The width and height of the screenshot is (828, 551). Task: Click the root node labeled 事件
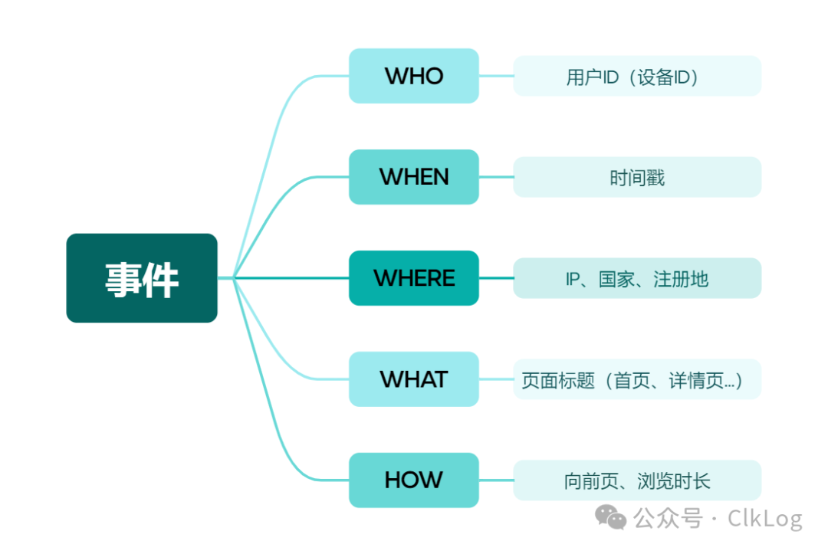pos(142,278)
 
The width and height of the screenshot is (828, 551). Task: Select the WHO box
pos(414,76)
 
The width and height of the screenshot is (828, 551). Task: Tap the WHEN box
pos(414,177)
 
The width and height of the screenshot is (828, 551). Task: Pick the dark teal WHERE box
pos(414,278)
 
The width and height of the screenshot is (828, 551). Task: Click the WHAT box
pos(414,379)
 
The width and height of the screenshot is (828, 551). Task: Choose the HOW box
pos(414,480)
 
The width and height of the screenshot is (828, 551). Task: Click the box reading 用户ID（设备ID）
pos(637,77)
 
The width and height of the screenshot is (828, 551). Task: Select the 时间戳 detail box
pos(637,178)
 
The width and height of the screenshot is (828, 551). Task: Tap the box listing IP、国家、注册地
pos(637,279)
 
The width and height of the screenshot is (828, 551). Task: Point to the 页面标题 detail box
pos(637,380)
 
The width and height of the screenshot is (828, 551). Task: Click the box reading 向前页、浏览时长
pos(637,481)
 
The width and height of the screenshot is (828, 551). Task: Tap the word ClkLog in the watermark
pos(764,519)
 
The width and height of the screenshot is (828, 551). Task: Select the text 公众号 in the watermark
pos(668,519)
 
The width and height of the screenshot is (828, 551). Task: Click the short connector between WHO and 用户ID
pos(496,76)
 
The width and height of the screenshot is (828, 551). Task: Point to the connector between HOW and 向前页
pos(496,480)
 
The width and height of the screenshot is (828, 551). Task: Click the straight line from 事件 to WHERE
pos(291,277)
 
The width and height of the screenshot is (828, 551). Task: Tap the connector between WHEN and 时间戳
pos(496,177)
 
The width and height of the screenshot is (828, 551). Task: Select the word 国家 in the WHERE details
pos(616,280)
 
